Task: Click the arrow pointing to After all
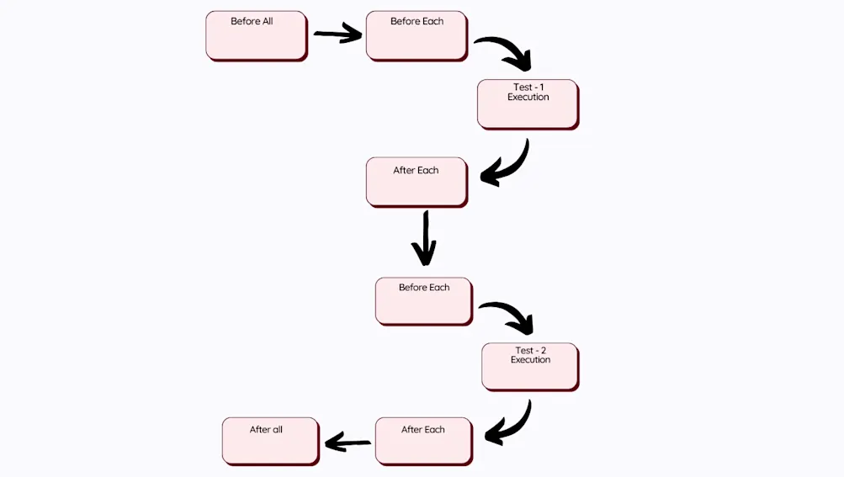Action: point(348,443)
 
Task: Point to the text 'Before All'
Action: point(252,21)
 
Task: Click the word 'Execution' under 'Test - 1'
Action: point(528,98)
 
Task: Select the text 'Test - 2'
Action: point(530,350)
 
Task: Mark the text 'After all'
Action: point(266,430)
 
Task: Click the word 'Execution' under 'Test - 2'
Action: point(530,360)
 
